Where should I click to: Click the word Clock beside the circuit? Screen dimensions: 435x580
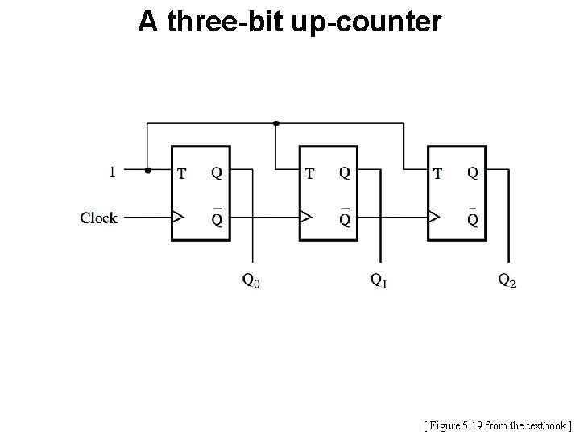98,217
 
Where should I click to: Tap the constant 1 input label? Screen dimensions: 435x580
112,171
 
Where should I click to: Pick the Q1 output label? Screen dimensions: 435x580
379,280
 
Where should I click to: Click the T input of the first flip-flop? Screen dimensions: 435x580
182,172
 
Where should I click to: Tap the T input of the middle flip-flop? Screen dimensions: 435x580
310,172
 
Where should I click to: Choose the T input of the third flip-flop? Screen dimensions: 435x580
437,172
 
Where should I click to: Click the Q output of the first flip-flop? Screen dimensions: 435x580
217,172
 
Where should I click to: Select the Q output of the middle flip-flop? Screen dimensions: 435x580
345,172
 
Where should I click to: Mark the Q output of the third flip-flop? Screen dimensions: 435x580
473,172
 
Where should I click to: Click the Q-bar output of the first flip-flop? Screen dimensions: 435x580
217,217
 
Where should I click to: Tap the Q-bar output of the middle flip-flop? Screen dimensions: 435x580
345,217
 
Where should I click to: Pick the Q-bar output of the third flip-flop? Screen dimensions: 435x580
473,217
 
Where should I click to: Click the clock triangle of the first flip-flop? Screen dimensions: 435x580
179,217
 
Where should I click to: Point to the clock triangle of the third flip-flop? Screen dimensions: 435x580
435,217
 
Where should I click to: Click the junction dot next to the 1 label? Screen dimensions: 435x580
147,170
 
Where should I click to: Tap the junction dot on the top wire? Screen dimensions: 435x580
276,123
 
